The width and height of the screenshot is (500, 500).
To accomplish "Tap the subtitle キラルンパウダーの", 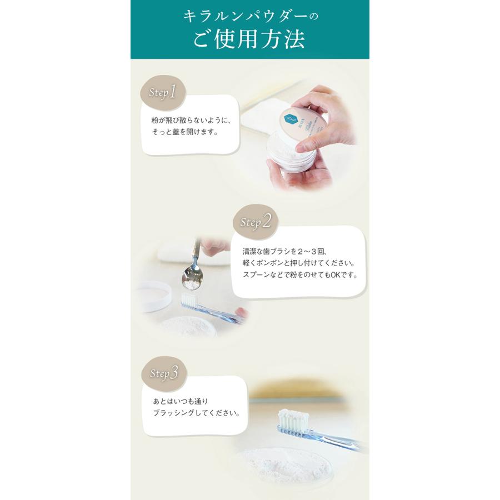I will pyautogui.click(x=249, y=17).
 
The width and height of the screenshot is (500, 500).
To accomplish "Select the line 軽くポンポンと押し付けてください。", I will pyautogui.click(x=298, y=263).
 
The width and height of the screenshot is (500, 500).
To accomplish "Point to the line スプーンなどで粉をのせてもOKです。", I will pyautogui.click(x=300, y=275).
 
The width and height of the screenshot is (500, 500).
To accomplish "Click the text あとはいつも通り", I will pyautogui.click(x=180, y=401).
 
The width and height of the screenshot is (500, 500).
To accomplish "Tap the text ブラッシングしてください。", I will pyautogui.click(x=196, y=414).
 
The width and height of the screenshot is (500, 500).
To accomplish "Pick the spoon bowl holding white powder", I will pyautogui.click(x=191, y=283).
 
